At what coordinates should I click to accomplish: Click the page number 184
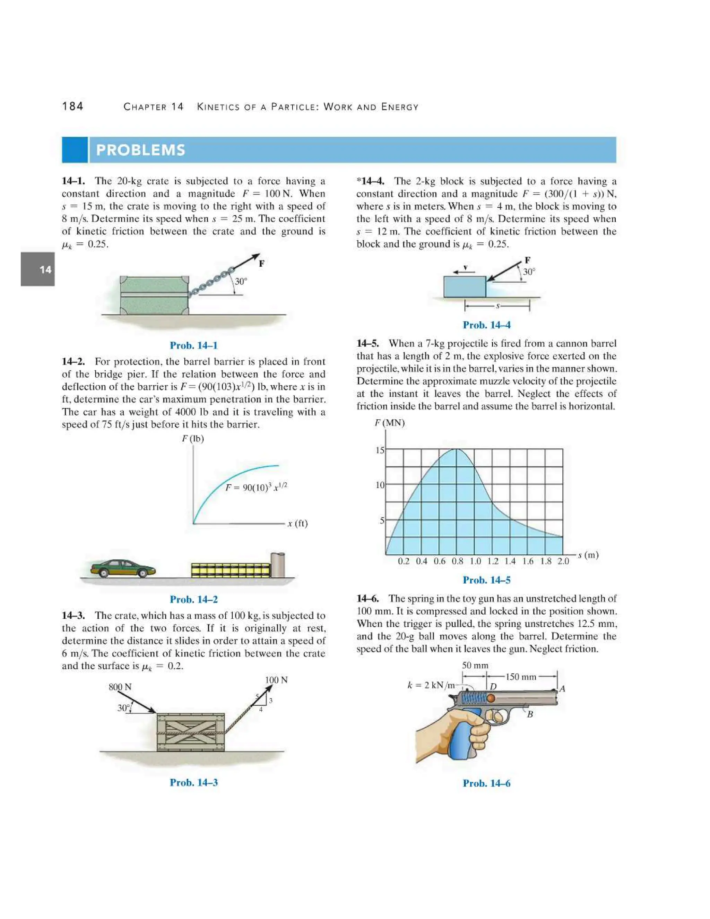pyautogui.click(x=73, y=106)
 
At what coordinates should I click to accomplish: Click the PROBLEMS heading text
pyautogui.click(x=140, y=150)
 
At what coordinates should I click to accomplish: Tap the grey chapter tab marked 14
pyautogui.click(x=38, y=269)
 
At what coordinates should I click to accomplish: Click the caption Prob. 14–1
pyautogui.click(x=193, y=345)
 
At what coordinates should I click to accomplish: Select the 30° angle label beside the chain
pyautogui.click(x=241, y=282)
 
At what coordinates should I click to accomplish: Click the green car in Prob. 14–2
pyautogui.click(x=123, y=568)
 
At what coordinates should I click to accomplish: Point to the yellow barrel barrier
pyautogui.click(x=231, y=570)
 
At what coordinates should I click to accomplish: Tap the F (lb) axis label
pyautogui.click(x=193, y=439)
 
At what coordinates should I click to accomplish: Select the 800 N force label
pyautogui.click(x=120, y=687)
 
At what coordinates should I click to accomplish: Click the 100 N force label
pyautogui.click(x=276, y=680)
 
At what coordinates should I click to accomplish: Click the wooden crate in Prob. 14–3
pyautogui.click(x=191, y=732)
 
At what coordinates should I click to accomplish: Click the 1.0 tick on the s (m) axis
pyautogui.click(x=475, y=561)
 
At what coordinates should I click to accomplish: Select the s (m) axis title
pyautogui.click(x=588, y=555)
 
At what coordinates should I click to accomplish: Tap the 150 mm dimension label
pyautogui.click(x=521, y=677)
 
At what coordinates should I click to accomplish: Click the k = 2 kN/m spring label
pyautogui.click(x=431, y=685)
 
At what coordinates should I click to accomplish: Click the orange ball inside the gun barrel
pyautogui.click(x=491, y=698)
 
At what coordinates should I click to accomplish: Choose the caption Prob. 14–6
pyautogui.click(x=486, y=783)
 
